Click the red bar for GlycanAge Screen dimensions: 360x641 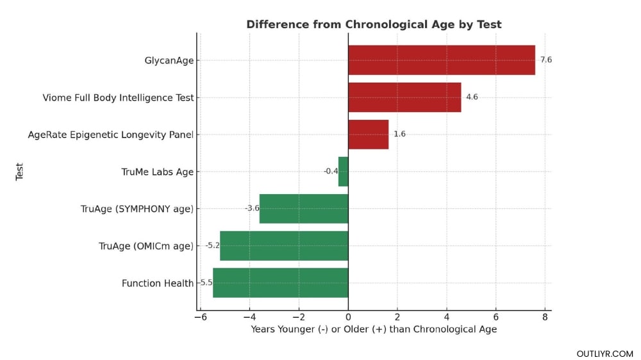pyautogui.click(x=441, y=60)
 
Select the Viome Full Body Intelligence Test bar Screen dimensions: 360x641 pyautogui.click(x=404, y=97)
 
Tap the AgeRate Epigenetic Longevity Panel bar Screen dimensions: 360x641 pyautogui.click(x=368, y=135)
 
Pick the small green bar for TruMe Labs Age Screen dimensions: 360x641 pyautogui.click(x=343, y=172)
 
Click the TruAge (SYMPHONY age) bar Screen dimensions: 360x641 pyautogui.click(x=304, y=209)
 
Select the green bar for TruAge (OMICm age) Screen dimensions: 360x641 pyautogui.click(x=284, y=246)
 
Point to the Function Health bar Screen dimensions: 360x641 pyautogui.click(x=280, y=283)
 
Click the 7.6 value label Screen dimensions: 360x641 pyautogui.click(x=545, y=60)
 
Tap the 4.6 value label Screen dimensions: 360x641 pyautogui.click(x=472, y=97)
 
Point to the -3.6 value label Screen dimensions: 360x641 pyautogui.click(x=252, y=209)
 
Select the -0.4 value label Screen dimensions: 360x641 pyautogui.click(x=331, y=172)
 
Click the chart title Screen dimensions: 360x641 pyautogui.click(x=374, y=24)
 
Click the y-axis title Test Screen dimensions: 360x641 pyautogui.click(x=19, y=172)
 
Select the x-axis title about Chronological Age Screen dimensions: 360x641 pyautogui.click(x=374, y=329)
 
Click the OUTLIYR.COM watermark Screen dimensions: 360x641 pyautogui.click(x=604, y=354)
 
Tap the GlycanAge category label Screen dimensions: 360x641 pyautogui.click(x=169, y=61)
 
